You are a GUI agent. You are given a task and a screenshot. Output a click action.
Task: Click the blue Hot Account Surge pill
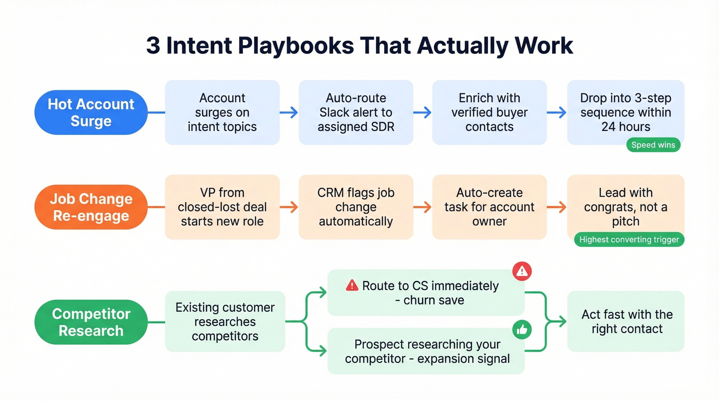(x=91, y=112)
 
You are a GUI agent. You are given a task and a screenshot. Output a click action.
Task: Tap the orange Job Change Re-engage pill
(x=91, y=207)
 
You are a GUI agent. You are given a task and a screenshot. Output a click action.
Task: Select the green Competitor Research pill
(x=91, y=322)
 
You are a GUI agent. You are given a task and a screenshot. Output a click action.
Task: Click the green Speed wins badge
(x=653, y=145)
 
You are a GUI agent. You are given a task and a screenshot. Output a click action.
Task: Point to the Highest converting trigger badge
(x=629, y=239)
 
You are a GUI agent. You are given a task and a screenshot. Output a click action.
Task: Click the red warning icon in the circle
(x=522, y=272)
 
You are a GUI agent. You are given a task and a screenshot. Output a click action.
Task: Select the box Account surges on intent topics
(x=222, y=112)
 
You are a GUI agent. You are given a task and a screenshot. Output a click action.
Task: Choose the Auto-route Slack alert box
(x=356, y=112)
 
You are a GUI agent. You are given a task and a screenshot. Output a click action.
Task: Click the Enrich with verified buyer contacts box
(x=489, y=112)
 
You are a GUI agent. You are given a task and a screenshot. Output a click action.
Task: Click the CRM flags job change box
(x=356, y=207)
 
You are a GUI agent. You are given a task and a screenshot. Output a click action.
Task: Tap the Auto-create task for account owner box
(x=489, y=207)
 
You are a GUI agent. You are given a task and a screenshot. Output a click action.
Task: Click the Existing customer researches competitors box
(x=225, y=321)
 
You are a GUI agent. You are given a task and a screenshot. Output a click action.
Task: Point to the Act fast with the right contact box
(x=626, y=321)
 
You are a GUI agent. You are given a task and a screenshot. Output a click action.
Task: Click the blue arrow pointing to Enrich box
(x=422, y=112)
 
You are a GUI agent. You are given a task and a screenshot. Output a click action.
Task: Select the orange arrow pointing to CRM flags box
(x=289, y=207)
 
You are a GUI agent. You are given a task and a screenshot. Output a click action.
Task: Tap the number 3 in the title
(x=153, y=45)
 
